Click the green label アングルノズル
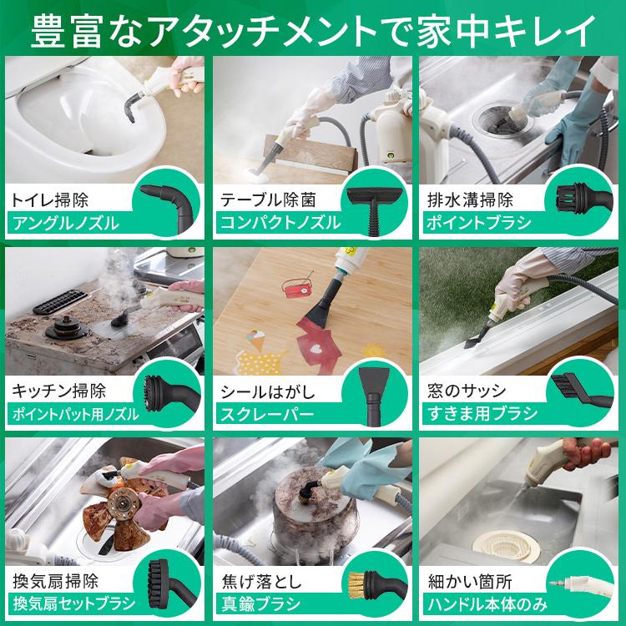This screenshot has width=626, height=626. pyautogui.click(x=63, y=223)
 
